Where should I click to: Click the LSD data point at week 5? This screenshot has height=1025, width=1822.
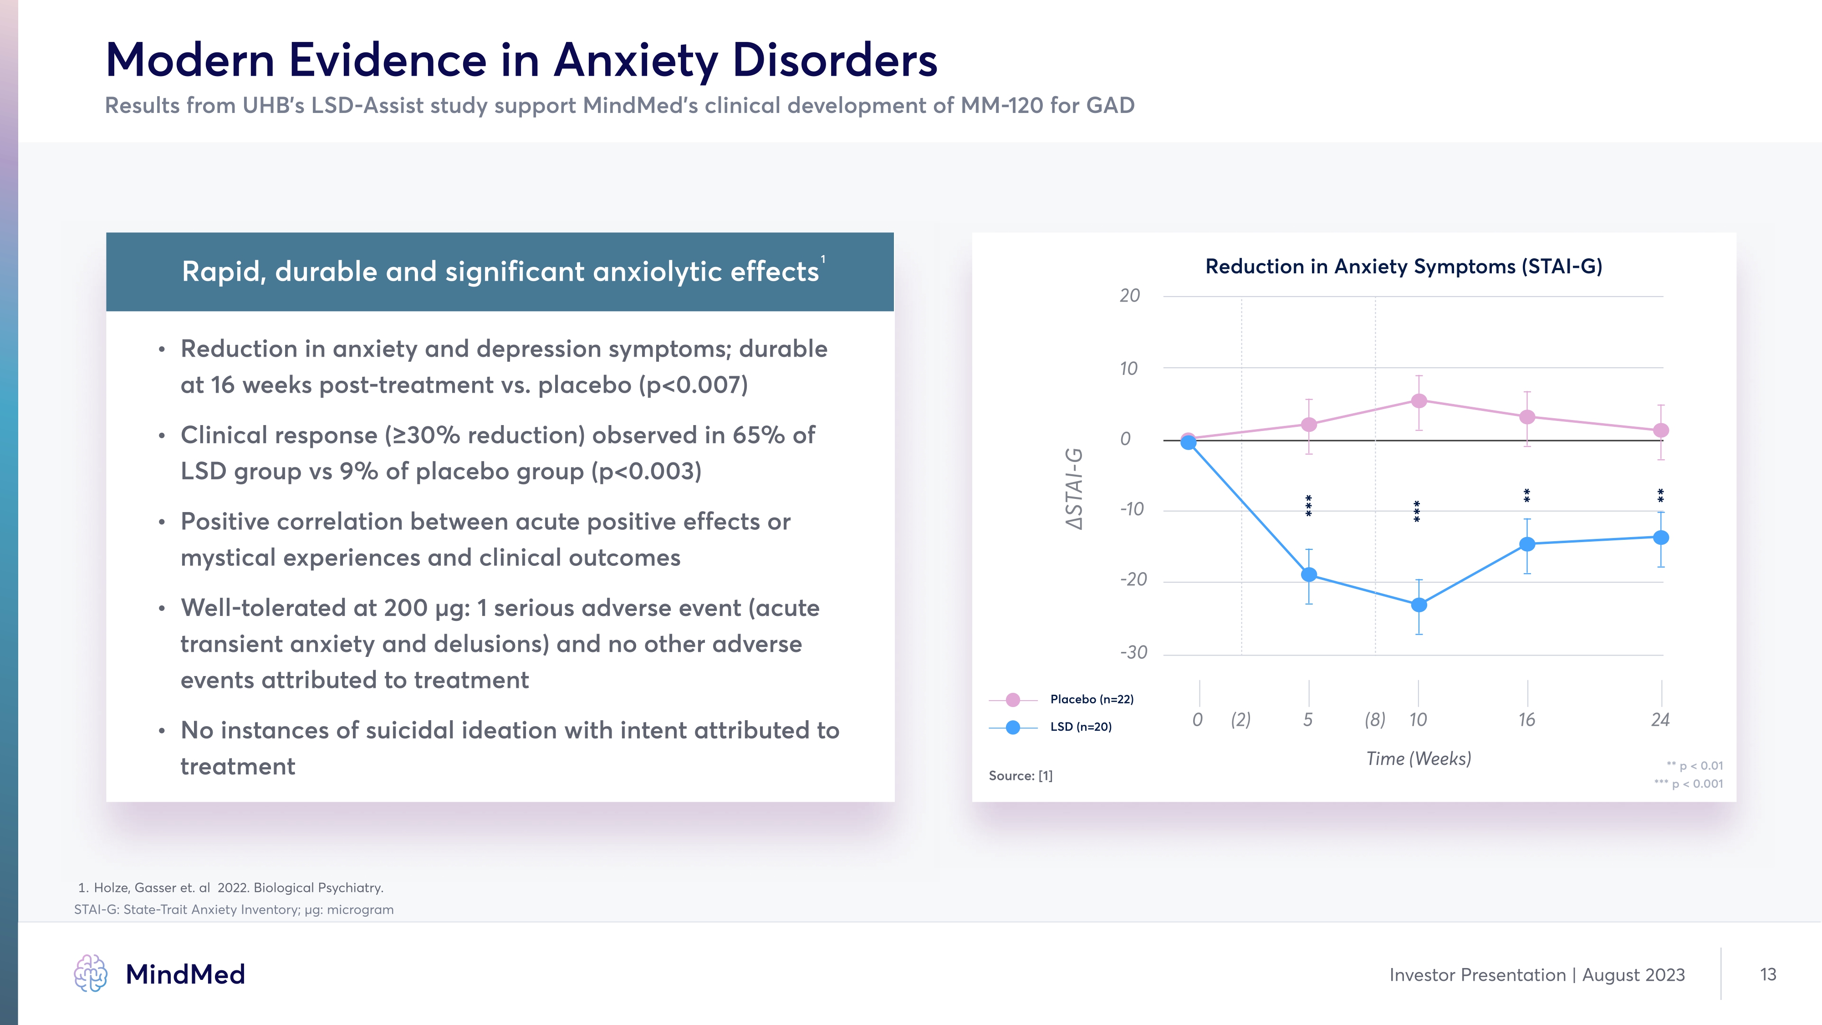1309,574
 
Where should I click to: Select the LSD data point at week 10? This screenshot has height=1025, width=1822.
1419,605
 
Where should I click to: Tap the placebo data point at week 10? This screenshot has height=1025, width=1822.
1419,401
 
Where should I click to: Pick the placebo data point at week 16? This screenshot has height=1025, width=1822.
1527,417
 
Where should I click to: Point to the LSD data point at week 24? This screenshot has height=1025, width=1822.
1661,538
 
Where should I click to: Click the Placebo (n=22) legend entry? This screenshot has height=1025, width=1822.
1092,699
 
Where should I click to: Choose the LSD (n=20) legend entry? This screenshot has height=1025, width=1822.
1080,727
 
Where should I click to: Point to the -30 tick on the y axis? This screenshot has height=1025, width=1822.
1134,652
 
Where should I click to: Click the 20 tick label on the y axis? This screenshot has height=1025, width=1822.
1129,296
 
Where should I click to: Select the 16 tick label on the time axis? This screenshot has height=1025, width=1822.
1527,720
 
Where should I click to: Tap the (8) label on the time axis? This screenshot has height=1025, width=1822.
1375,720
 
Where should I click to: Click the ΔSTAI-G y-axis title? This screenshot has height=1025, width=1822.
1074,488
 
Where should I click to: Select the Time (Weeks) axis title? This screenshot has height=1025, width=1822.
1418,758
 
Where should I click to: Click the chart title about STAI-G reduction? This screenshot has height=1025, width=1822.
1404,266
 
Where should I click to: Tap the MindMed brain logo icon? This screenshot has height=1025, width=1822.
91,974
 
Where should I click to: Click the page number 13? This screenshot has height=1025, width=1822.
1767,974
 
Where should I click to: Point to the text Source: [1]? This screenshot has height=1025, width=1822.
1021,776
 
